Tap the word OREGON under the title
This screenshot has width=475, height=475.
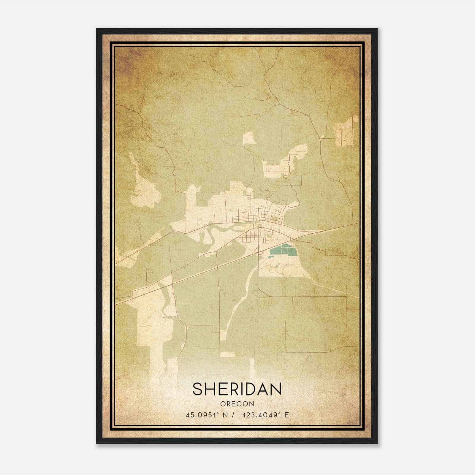tap(237, 404)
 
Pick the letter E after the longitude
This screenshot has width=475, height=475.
tap(286, 415)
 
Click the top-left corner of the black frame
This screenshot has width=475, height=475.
tap(97, 29)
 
